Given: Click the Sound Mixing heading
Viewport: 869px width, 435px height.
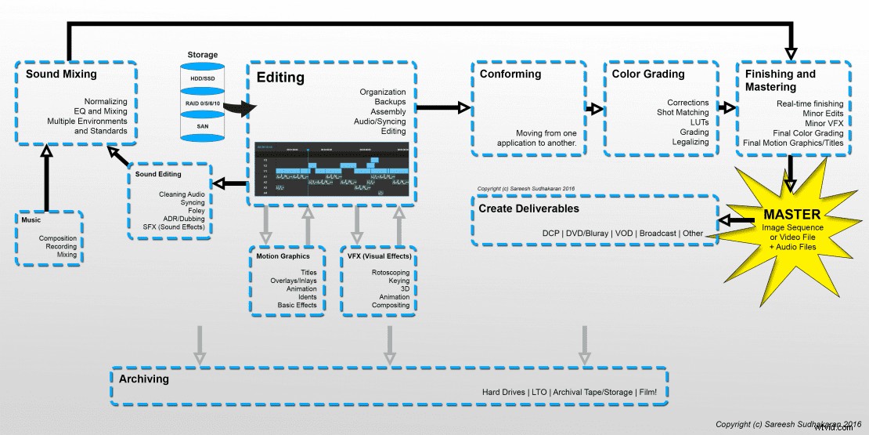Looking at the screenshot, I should [61, 74].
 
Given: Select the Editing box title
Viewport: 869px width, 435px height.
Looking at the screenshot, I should [281, 78].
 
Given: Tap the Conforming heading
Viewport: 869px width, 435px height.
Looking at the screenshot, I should [510, 74].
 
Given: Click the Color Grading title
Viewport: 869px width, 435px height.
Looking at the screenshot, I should [648, 74].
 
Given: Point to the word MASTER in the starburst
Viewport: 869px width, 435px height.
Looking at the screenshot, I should [793, 214].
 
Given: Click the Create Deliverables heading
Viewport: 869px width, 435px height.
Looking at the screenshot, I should [528, 208].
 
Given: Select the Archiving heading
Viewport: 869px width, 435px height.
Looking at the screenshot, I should [143, 379].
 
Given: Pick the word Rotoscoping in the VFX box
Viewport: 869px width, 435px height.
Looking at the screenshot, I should [390, 273].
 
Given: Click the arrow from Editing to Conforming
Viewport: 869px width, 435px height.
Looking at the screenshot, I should [442, 107].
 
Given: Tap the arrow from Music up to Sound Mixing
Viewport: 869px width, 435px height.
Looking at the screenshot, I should [46, 179].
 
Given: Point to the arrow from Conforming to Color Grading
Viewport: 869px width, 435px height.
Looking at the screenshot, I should [595, 109].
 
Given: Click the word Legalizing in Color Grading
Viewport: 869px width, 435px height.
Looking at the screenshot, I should [690, 142].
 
